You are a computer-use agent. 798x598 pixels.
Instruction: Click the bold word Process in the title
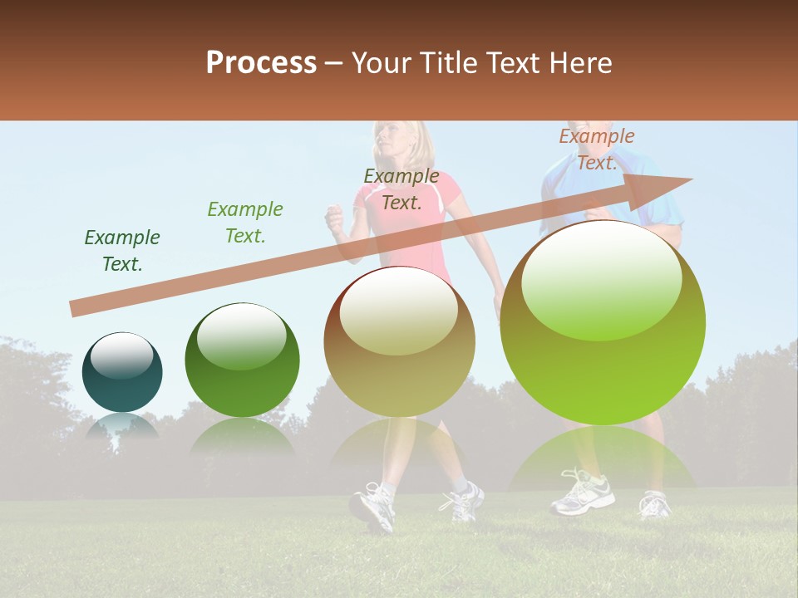click(x=261, y=62)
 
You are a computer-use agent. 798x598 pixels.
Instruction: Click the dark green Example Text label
click(x=122, y=251)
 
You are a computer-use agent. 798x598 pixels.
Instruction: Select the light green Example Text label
click(x=245, y=223)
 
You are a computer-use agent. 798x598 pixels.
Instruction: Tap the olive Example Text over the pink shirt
click(x=401, y=189)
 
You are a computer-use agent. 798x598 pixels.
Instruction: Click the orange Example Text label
click(x=597, y=149)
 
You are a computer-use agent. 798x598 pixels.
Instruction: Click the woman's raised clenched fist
click(x=335, y=219)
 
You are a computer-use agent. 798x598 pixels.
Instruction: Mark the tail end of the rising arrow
click(x=76, y=308)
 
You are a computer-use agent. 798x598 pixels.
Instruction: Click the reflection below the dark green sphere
click(x=242, y=436)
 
